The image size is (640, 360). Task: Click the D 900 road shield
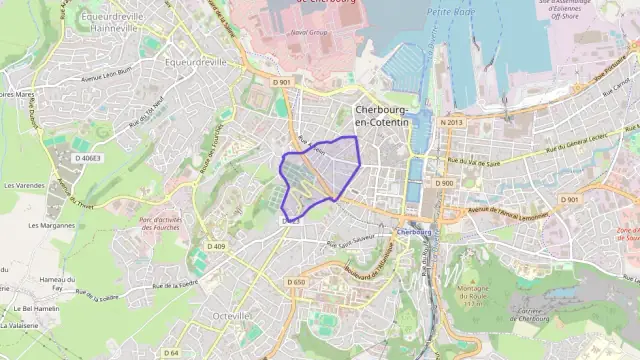point(444,183)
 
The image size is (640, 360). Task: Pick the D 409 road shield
point(216,246)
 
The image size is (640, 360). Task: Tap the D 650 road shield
point(296,283)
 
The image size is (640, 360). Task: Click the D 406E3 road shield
point(87,157)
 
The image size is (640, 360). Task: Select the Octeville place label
point(233,315)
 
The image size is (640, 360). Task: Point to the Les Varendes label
point(24,185)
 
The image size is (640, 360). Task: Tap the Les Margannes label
point(52,225)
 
